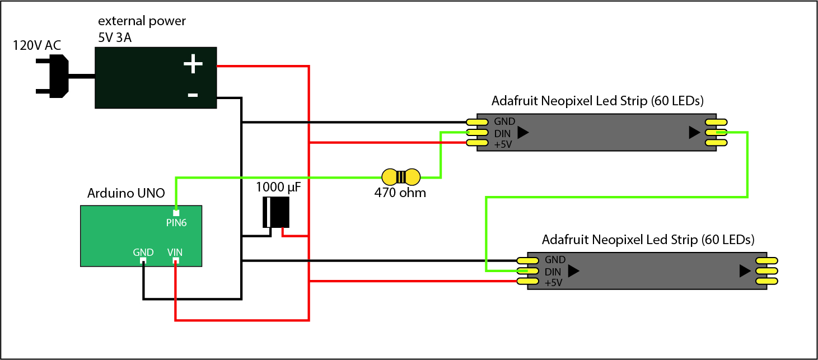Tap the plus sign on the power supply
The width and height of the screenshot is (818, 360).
193,64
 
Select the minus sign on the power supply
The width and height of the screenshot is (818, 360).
193,95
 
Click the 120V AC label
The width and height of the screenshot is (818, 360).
36,45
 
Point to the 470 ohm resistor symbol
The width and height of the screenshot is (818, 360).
401,177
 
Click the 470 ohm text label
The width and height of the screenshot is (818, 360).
400,194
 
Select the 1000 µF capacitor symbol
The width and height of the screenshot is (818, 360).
276,212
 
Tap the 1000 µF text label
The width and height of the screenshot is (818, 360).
278,187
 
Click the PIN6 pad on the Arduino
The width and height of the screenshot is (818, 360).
176,213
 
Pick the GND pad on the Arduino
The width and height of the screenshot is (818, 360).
143,261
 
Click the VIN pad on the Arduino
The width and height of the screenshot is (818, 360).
175,261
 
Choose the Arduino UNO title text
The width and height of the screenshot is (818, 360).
126,194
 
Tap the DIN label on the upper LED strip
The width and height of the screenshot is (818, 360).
502,133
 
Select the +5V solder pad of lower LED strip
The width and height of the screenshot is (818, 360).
527,282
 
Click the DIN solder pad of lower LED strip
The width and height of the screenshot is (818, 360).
527,271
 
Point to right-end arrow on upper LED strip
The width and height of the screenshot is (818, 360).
694,133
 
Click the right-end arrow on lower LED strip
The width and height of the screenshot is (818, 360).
745,271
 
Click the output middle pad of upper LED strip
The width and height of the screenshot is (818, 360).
716,133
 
